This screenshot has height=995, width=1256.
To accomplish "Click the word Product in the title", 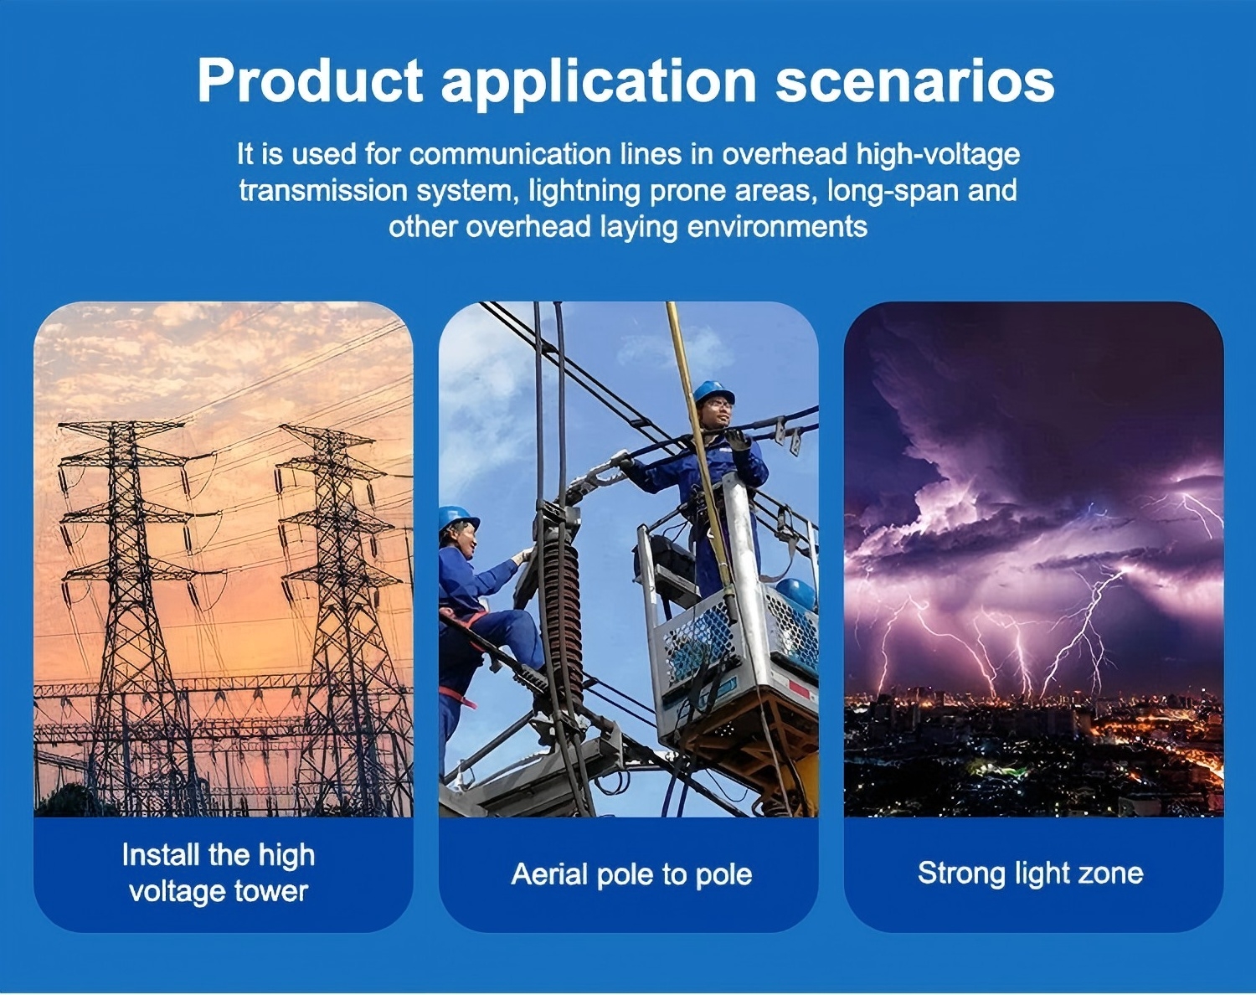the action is coord(310,81).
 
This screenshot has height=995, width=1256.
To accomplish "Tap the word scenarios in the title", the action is coord(914,81).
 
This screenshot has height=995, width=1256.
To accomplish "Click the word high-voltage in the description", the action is coord(938,154).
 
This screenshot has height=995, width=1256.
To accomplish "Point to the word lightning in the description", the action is coord(584,192).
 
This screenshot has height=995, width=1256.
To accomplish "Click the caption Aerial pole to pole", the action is coord(631,874).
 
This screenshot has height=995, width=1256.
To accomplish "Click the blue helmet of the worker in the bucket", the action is coord(713,393).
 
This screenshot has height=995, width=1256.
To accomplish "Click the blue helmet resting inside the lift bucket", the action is coord(796,594).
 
